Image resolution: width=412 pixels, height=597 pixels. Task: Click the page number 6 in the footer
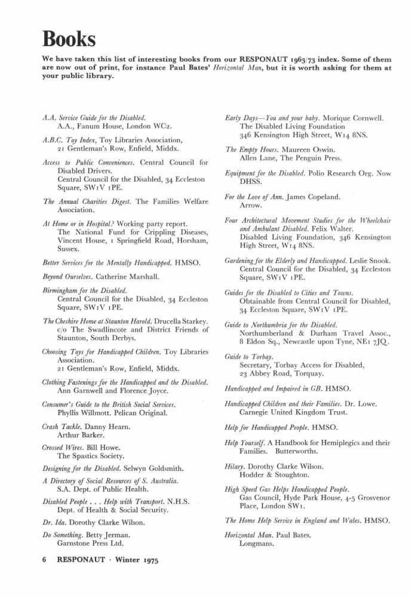(45, 561)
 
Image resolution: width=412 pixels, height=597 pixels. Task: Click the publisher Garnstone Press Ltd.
(90, 544)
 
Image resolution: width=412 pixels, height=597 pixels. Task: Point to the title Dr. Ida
(55, 522)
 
